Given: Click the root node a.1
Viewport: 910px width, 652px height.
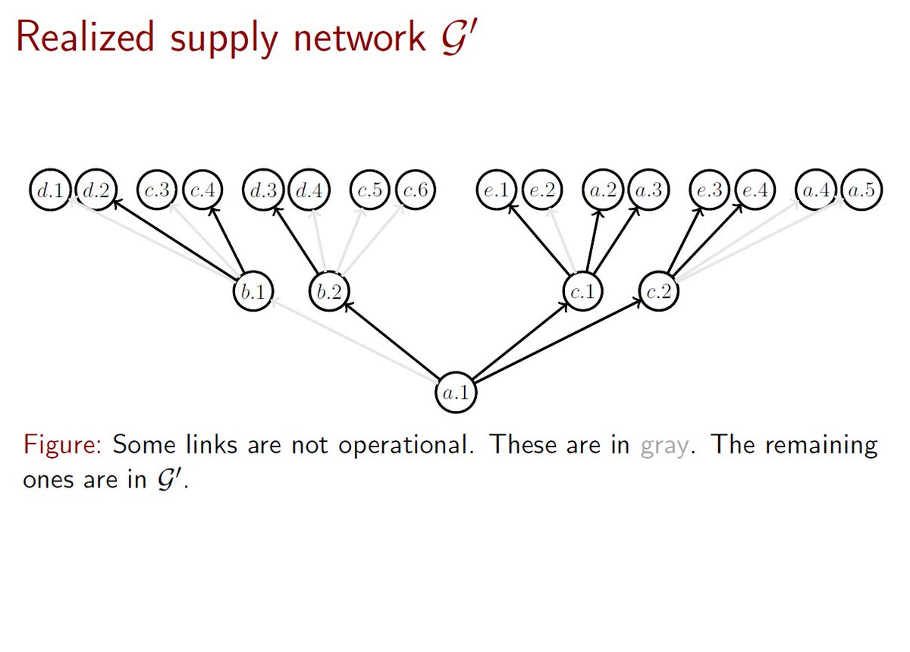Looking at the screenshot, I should [x=457, y=393].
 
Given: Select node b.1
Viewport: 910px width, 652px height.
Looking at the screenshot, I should [x=253, y=293].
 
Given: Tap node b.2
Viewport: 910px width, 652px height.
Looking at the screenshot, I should [x=329, y=293].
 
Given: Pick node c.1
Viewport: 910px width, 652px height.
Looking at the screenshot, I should [x=583, y=293].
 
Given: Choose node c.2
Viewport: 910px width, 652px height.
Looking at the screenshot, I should [x=658, y=293].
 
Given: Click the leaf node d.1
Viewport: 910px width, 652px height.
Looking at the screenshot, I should [x=51, y=190].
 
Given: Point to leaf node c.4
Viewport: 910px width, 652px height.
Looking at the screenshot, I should [x=202, y=190].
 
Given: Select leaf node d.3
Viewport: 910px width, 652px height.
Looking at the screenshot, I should [x=263, y=190].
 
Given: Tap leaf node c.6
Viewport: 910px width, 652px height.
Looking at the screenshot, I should [x=415, y=190].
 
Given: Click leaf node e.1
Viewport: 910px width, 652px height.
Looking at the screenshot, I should [x=496, y=190].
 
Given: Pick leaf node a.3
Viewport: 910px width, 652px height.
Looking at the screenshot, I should [x=648, y=190].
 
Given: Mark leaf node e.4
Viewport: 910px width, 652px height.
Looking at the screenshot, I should [x=755, y=190].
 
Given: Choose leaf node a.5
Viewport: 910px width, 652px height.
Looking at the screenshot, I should [x=861, y=190].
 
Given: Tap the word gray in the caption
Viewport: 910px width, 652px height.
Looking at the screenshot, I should [x=665, y=445].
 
